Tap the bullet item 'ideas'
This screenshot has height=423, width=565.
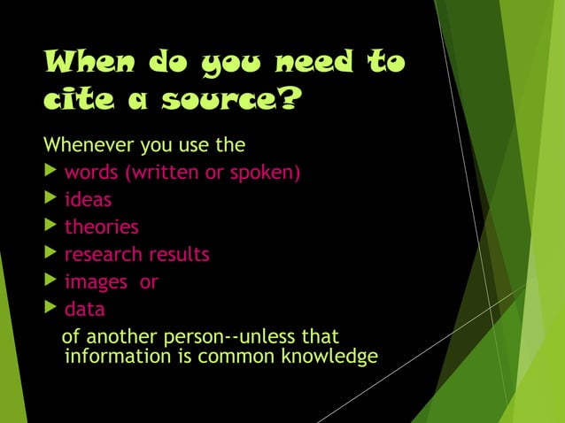(88, 199)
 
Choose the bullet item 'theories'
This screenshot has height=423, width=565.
(101, 227)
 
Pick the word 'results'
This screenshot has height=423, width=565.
(179, 255)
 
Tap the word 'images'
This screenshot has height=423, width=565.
(96, 282)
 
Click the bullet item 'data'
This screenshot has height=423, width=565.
(84, 310)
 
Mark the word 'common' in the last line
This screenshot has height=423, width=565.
(239, 358)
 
